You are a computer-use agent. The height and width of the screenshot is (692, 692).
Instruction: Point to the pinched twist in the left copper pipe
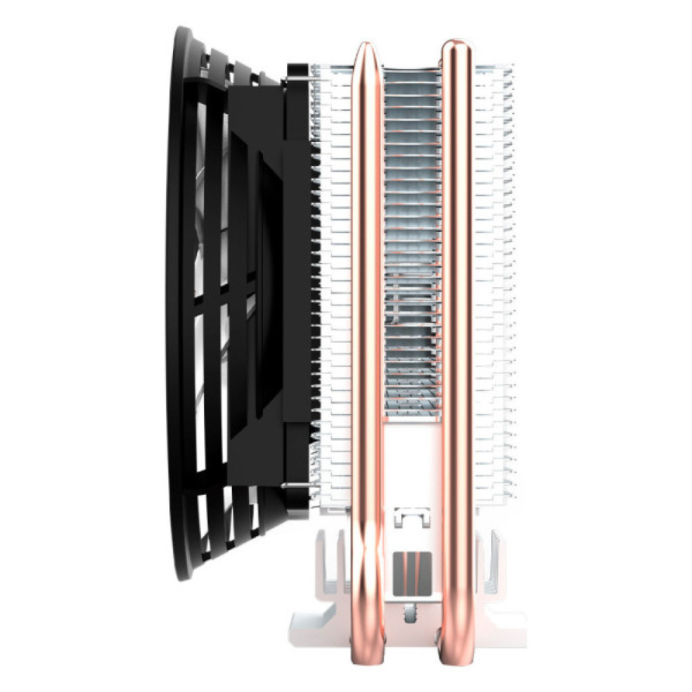tap(365, 554)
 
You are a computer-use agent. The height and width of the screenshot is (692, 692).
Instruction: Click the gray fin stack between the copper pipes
tap(411, 242)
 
